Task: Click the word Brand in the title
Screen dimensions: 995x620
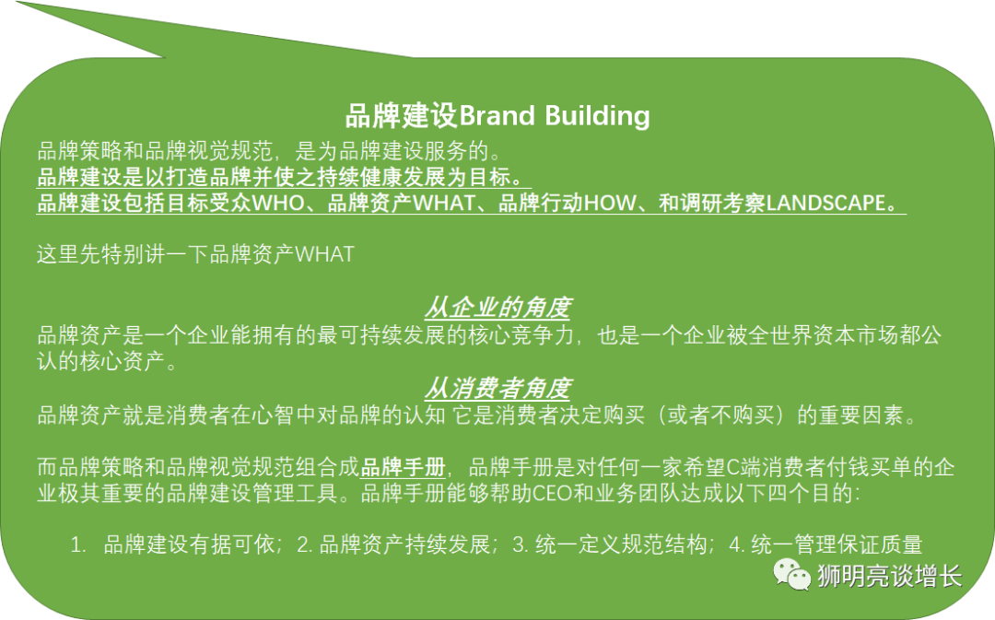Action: [497, 116]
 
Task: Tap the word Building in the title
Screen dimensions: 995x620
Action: [597, 117]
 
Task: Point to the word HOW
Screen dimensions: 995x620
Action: [609, 203]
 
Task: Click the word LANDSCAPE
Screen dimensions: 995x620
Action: [825, 203]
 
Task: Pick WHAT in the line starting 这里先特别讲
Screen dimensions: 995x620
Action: [324, 254]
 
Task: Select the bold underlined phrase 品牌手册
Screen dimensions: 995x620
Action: [403, 468]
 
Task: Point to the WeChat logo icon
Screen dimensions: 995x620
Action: [791, 575]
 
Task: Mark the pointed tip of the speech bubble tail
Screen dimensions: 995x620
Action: [17, 2]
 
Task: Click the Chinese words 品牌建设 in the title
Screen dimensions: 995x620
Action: [401, 117]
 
